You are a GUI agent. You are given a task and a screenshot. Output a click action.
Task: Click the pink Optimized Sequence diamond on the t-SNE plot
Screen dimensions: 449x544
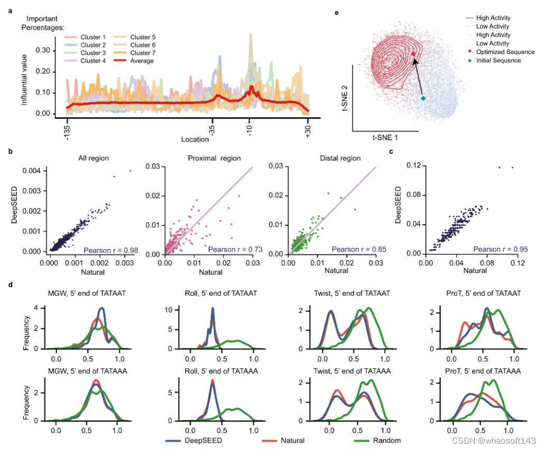414,54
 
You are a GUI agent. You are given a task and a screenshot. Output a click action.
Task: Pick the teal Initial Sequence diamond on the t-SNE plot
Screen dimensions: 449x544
423,98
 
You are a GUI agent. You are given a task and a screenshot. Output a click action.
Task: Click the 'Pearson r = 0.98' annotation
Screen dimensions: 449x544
109,249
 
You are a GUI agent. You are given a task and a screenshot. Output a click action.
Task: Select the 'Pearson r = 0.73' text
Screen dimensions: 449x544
231,249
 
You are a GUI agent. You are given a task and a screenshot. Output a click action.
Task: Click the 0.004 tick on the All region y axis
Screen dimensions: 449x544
35,171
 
